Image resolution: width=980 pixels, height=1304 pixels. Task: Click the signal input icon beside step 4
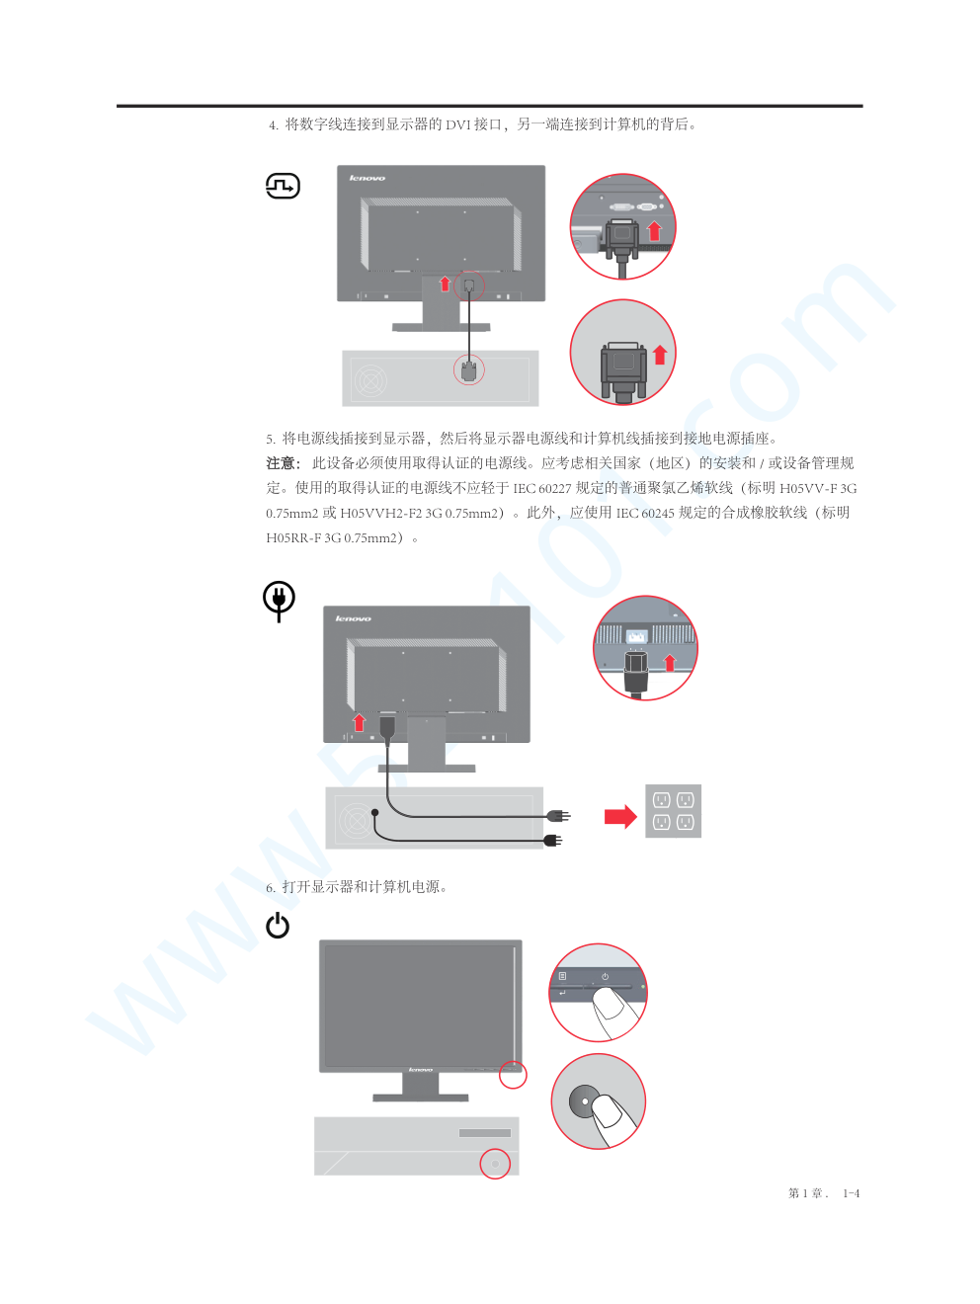pyautogui.click(x=283, y=186)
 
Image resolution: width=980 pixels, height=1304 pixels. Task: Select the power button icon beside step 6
pyautogui.click(x=278, y=925)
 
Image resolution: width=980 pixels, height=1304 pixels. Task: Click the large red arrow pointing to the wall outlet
pyautogui.click(x=620, y=816)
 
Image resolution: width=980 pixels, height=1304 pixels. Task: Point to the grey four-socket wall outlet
pyautogui.click(x=673, y=811)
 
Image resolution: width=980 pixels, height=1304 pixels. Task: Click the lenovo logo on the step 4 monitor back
pyautogui.click(x=367, y=178)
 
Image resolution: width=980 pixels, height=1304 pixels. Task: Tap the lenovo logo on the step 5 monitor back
pyautogui.click(x=354, y=618)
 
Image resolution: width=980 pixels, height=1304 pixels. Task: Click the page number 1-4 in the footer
pyautogui.click(x=852, y=1193)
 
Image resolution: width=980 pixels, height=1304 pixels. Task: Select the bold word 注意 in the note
pyautogui.click(x=281, y=462)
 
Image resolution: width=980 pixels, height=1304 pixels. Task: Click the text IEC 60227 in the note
pyautogui.click(x=541, y=488)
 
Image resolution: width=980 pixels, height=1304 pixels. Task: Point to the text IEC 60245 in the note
pyautogui.click(x=645, y=513)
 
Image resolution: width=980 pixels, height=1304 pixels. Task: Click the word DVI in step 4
pyautogui.click(x=458, y=124)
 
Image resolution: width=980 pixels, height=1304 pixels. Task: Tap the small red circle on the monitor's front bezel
pyautogui.click(x=513, y=1075)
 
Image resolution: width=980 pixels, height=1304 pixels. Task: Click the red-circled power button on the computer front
pyautogui.click(x=495, y=1164)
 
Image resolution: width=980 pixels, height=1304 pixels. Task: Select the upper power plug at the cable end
pyautogui.click(x=559, y=816)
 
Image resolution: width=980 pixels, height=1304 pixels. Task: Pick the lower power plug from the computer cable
pyautogui.click(x=553, y=840)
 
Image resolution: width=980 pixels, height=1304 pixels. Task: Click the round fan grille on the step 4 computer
pyautogui.click(x=370, y=379)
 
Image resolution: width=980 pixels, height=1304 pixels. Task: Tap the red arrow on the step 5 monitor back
pyautogui.click(x=359, y=722)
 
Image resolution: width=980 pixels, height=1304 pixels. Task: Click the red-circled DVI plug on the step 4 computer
pyautogui.click(x=469, y=370)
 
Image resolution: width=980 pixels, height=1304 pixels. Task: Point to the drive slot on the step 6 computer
pyautogui.click(x=485, y=1133)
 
